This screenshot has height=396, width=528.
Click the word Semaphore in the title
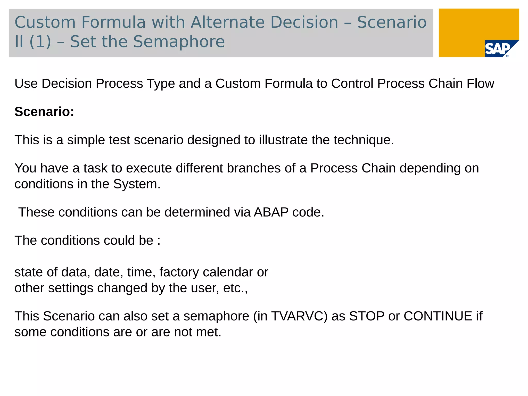click(x=179, y=42)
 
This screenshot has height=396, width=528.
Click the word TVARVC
click(x=299, y=316)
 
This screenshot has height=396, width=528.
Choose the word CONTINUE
click(x=438, y=316)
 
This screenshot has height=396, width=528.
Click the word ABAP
click(x=271, y=212)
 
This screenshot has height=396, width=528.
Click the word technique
click(x=364, y=140)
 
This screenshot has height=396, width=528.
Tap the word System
click(x=137, y=184)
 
